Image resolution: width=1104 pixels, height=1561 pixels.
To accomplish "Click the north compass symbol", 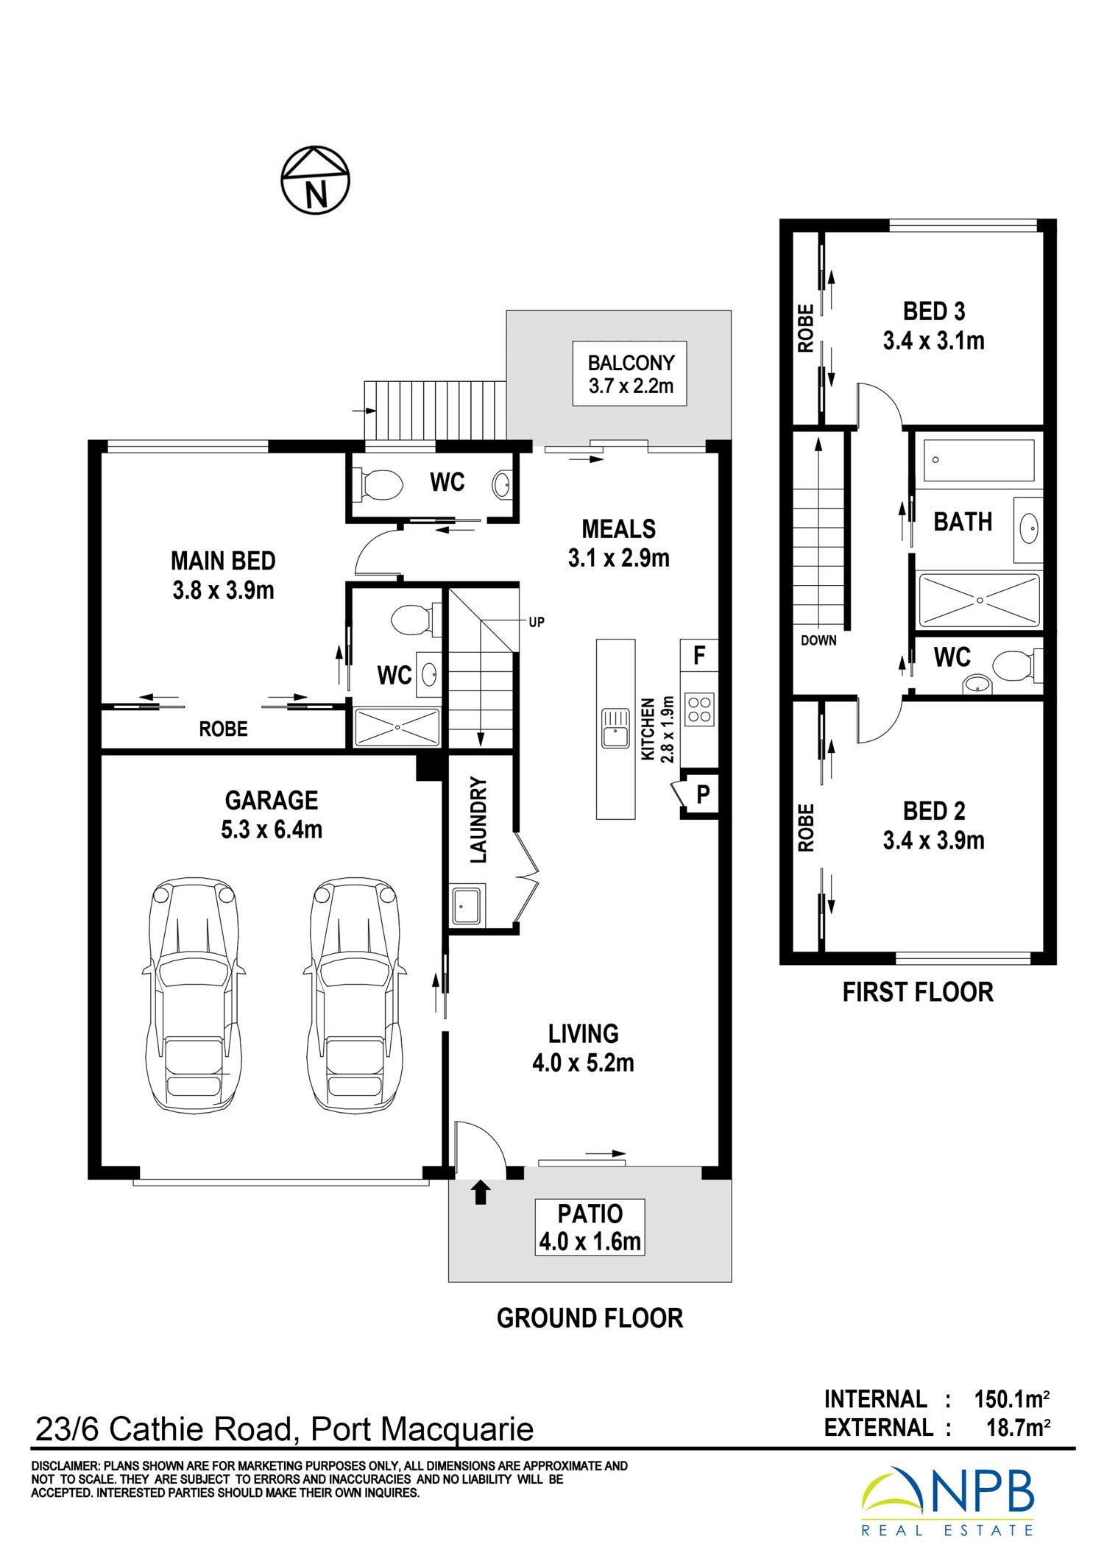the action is (315, 180).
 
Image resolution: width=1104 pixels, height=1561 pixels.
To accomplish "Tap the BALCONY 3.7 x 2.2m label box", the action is (630, 374).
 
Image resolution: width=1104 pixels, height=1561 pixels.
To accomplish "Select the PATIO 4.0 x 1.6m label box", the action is (590, 1227).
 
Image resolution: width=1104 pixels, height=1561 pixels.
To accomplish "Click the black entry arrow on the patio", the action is (481, 1192).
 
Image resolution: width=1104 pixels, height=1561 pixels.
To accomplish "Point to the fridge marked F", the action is (699, 655).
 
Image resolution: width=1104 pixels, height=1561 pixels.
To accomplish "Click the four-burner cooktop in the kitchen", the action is (699, 709).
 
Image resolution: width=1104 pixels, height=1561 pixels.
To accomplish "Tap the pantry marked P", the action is (700, 795).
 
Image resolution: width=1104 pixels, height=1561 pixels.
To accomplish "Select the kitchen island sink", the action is (615, 728).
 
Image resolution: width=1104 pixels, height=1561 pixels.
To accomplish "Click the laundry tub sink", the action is (467, 905).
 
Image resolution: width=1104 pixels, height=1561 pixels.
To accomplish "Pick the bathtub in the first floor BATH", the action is (979, 460).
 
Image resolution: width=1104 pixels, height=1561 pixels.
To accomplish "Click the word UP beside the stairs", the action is (537, 622).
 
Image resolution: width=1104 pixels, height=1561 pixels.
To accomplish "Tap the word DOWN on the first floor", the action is (818, 640).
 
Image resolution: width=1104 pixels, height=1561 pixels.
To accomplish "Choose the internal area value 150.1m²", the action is (1012, 1398).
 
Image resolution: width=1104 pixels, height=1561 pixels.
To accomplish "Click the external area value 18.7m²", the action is (1018, 1428).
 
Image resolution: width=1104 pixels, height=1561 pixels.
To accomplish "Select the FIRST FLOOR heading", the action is (918, 992).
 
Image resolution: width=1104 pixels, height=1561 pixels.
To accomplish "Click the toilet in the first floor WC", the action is (1017, 665).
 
